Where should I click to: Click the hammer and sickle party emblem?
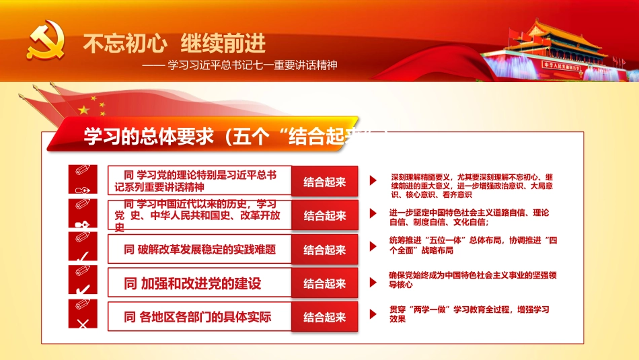pyautogui.click(x=45, y=43)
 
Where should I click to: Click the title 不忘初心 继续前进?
pyautogui.click(x=174, y=44)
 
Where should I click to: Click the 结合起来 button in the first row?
pyautogui.click(x=325, y=182)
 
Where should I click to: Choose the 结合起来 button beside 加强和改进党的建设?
pyautogui.click(x=325, y=284)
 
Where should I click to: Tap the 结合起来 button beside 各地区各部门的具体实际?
pyautogui.click(x=325, y=318)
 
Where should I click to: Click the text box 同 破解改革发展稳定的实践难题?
pyautogui.click(x=200, y=250)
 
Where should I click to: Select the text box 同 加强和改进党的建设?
pyautogui.click(x=200, y=283)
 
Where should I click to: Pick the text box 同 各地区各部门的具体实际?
pyautogui.click(x=200, y=317)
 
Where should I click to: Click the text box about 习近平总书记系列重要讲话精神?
pyautogui.click(x=200, y=181)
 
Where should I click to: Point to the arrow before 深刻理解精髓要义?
pyautogui.click(x=373, y=181)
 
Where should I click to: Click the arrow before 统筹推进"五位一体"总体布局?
pyautogui.click(x=373, y=246)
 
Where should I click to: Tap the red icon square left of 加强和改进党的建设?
pyautogui.click(x=83, y=281)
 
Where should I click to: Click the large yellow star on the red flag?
pyautogui.click(x=84, y=109)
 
